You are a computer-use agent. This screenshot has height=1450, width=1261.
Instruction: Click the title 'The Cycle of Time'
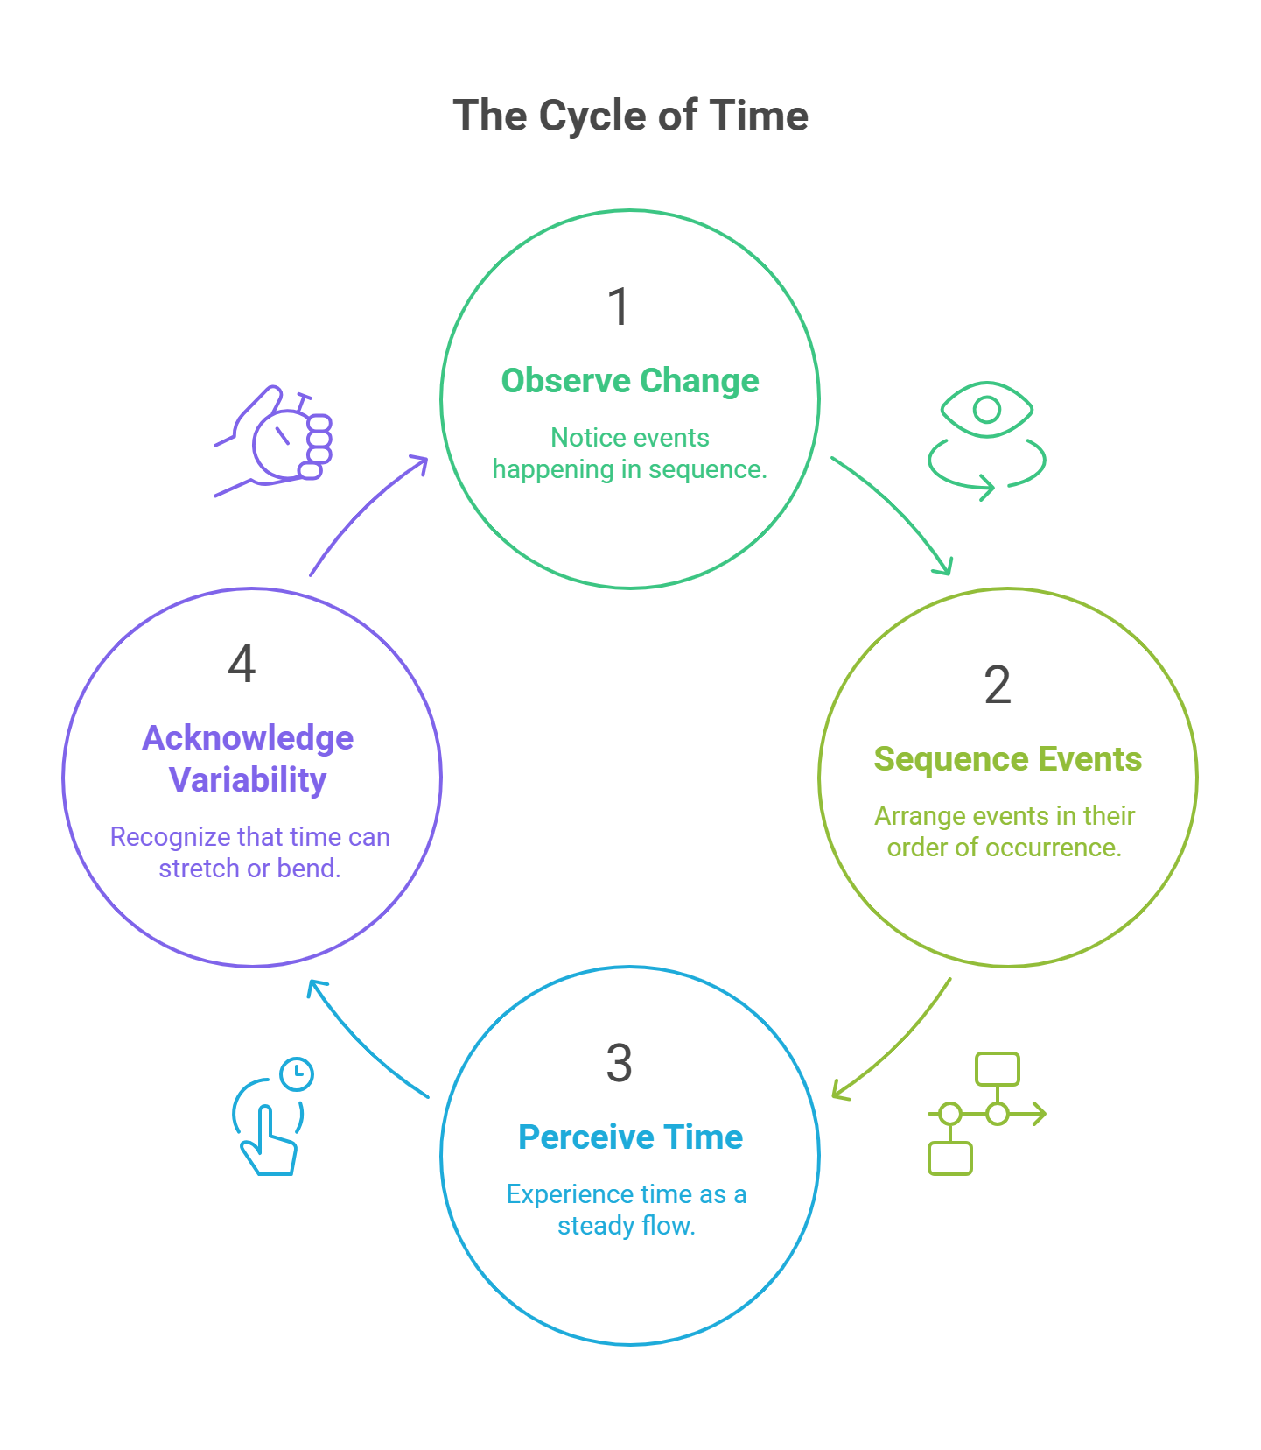coord(630,116)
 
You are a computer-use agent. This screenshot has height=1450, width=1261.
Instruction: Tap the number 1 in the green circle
coord(619,306)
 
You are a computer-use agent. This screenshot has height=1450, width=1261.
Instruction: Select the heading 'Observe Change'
coord(630,381)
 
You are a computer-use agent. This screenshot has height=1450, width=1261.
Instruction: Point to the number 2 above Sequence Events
coord(998,684)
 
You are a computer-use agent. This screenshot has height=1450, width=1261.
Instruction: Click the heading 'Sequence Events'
coord(1007,759)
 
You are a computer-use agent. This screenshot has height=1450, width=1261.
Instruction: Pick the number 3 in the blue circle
coord(619,1063)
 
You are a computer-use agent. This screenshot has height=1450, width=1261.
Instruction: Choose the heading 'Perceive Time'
coord(630,1137)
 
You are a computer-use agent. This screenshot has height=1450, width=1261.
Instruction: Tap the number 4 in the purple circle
coord(242,664)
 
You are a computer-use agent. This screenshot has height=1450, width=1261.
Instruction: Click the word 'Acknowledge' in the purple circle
coord(248,738)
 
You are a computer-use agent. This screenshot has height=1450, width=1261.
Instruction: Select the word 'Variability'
coord(248,779)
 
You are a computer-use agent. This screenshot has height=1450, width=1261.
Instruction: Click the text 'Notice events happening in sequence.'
coord(630,454)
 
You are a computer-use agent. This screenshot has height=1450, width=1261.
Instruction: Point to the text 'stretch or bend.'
coord(249,869)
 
